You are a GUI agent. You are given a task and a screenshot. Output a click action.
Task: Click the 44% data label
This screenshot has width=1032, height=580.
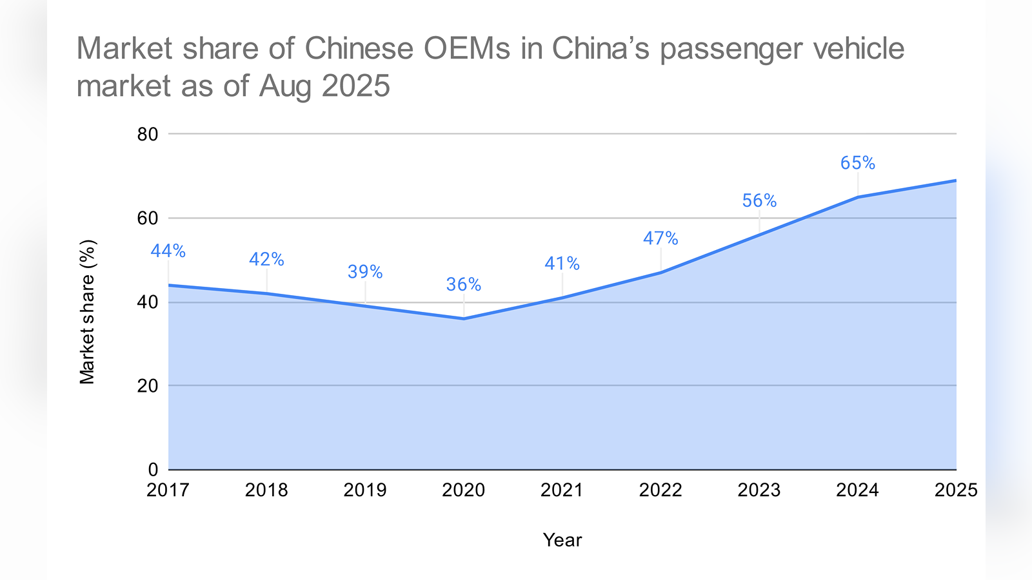(x=168, y=251)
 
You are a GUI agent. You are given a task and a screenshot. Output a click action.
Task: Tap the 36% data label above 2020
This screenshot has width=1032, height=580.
(x=464, y=285)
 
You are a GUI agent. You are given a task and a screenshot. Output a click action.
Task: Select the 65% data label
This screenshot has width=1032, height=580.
(x=858, y=163)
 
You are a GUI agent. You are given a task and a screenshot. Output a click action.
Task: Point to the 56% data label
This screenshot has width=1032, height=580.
(x=759, y=201)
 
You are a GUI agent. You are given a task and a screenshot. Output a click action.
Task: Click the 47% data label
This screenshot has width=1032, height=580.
(x=660, y=238)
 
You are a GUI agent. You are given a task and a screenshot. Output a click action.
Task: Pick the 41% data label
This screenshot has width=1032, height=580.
(x=562, y=264)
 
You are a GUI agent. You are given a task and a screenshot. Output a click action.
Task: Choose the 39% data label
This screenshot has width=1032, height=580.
(x=365, y=272)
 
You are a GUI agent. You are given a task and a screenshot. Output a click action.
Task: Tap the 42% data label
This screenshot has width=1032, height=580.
(x=266, y=259)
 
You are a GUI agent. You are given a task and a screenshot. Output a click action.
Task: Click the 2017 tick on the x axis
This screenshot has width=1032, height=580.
(x=168, y=490)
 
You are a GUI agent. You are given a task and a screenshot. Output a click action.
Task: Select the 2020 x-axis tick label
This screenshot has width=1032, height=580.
(x=463, y=490)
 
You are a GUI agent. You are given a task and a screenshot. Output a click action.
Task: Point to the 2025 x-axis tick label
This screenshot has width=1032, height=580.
(x=956, y=490)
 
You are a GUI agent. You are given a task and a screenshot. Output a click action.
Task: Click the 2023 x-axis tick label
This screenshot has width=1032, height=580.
(x=759, y=490)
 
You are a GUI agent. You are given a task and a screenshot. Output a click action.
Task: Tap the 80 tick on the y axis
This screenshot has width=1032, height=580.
(x=148, y=134)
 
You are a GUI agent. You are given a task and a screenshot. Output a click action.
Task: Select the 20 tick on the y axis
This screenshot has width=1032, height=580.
(x=148, y=385)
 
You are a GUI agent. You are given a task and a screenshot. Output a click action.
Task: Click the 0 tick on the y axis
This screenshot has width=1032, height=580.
(x=153, y=470)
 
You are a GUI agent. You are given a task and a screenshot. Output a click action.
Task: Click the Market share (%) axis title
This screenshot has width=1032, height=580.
(x=87, y=312)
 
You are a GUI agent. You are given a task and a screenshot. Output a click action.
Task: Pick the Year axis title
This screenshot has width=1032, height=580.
(x=562, y=540)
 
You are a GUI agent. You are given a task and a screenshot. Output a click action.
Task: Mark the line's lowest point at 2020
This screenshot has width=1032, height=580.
(x=464, y=318)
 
